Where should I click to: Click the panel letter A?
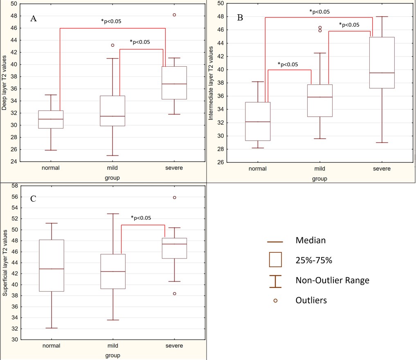point(34,18)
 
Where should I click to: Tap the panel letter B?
point(240,17)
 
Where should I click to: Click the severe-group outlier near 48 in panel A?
point(174,15)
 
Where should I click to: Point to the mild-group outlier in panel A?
point(112,45)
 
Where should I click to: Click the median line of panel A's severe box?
point(174,84)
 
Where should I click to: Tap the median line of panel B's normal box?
point(257,122)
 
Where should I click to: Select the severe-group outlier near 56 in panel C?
point(174,198)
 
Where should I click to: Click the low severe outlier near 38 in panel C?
point(174,293)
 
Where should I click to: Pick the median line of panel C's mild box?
point(113,272)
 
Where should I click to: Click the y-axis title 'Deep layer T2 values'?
point(4,82)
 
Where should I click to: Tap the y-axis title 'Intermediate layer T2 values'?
point(211,83)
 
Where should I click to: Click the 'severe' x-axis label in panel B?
point(382,169)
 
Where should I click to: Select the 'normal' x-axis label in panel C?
point(52,346)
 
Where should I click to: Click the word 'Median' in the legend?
point(310,241)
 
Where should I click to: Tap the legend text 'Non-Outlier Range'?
point(332,281)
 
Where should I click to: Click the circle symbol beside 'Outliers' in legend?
point(275,301)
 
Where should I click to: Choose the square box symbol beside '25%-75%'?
point(275,259)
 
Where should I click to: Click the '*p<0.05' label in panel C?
point(141,218)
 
